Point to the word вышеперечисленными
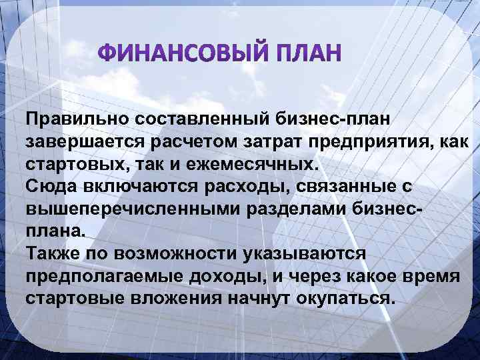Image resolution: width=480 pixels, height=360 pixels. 117,209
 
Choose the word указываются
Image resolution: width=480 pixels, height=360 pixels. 311,254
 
